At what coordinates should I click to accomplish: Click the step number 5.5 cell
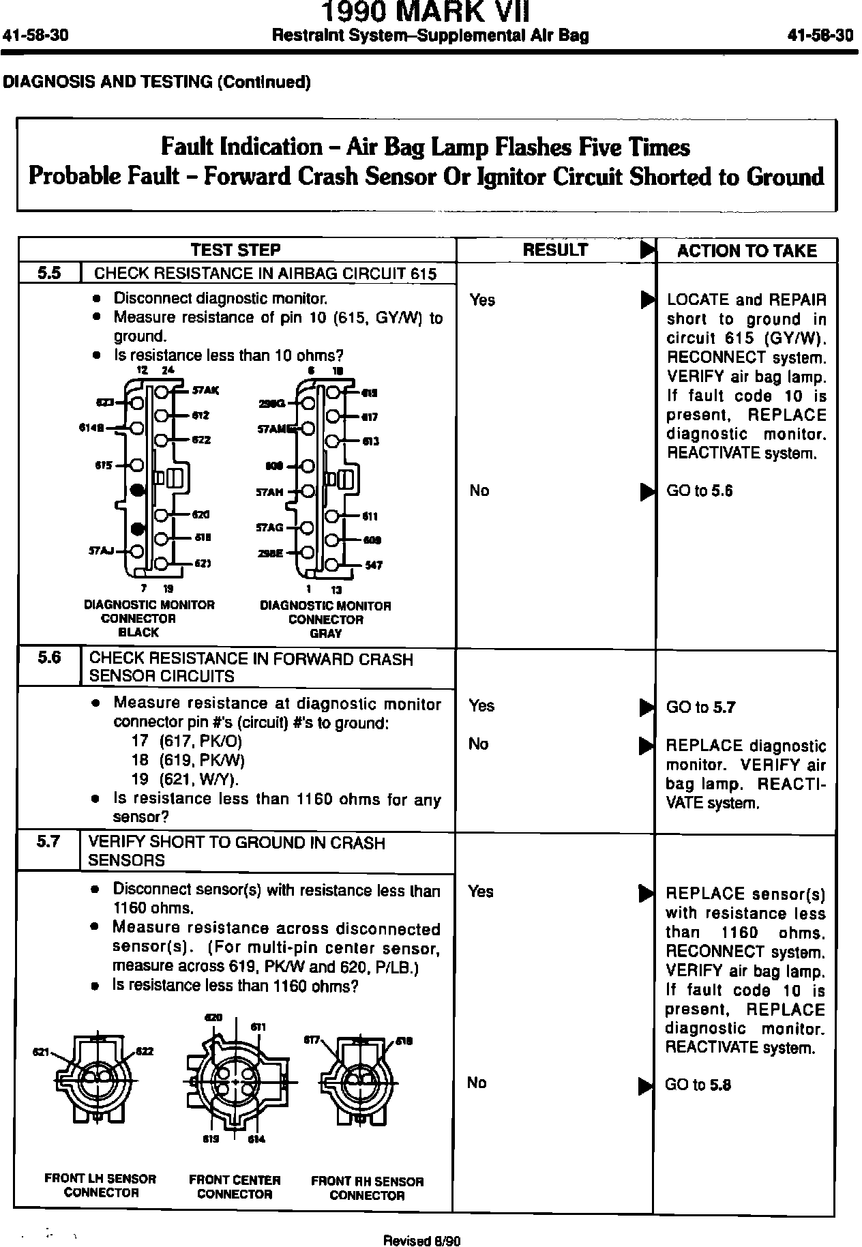tap(49, 274)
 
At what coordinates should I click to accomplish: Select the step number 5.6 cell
tap(49, 658)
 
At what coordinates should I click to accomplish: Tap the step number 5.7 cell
tap(49, 842)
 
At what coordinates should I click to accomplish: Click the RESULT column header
tap(555, 250)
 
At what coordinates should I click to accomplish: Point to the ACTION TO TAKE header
tap(747, 251)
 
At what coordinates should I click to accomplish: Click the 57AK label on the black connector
tap(205, 391)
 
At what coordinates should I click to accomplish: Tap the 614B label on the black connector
tap(91, 428)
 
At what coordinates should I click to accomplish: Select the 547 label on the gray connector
tap(374, 566)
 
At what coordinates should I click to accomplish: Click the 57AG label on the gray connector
tap(270, 527)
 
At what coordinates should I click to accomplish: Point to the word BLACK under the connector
tap(138, 632)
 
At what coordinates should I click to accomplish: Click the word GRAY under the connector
tap(326, 634)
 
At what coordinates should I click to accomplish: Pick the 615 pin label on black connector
tap(104, 466)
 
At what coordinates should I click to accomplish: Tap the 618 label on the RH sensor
tap(404, 1042)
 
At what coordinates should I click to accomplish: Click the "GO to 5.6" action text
tap(700, 490)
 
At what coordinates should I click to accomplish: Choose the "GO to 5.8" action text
tap(698, 1085)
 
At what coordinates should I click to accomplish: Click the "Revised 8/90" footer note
tap(422, 1241)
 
